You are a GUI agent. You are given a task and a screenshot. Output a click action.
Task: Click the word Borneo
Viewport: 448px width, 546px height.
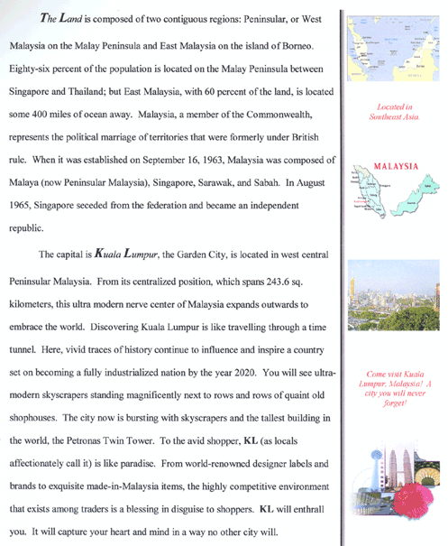coord(295,44)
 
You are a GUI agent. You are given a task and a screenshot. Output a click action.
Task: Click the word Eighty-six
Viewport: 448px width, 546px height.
coord(32,68)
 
